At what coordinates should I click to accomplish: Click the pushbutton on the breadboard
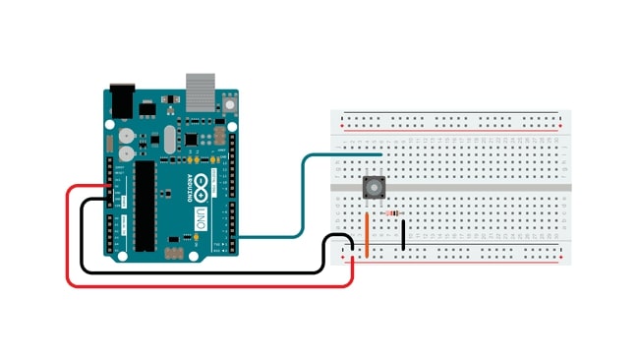pos(374,187)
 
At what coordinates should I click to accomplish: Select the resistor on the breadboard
pos(393,212)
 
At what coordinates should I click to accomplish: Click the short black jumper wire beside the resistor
pos(403,233)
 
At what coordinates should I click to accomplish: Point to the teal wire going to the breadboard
pos(305,197)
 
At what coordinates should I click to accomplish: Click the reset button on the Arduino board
pos(230,100)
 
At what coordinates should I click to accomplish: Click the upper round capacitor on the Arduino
pos(126,135)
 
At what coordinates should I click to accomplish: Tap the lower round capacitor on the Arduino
pos(126,154)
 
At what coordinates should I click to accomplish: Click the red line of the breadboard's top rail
pos(452,128)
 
